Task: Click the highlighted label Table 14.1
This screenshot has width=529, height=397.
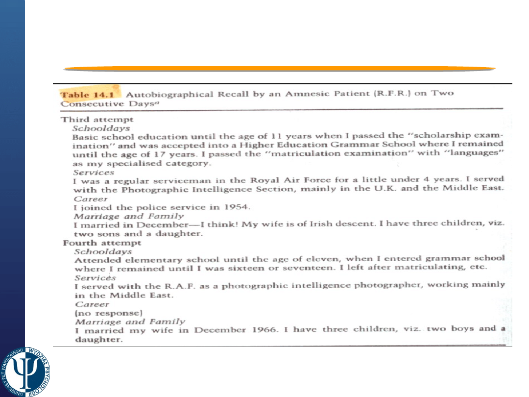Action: [x=80, y=94]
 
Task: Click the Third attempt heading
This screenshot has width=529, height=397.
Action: [x=97, y=119]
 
